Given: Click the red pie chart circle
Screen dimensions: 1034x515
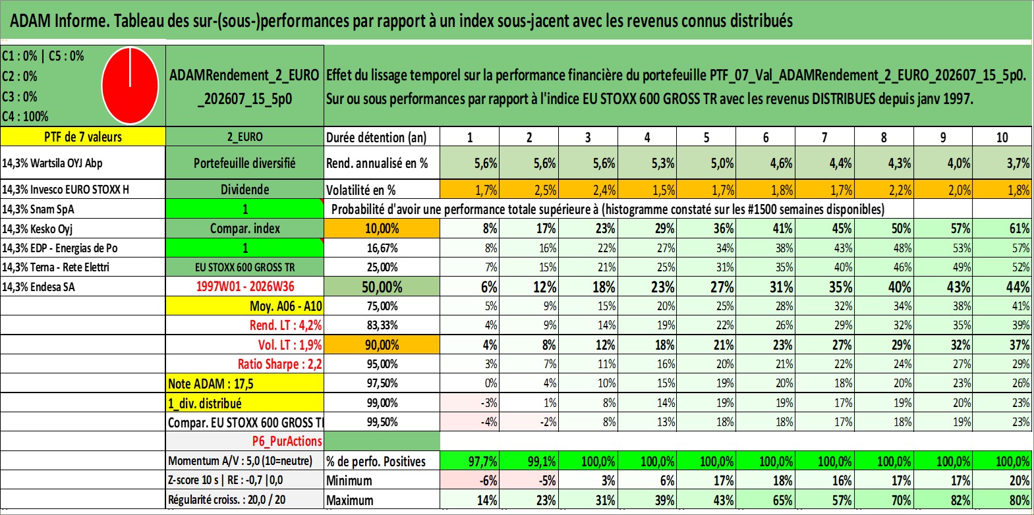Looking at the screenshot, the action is pos(130,86).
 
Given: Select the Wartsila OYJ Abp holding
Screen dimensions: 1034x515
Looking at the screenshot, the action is pos(52,163).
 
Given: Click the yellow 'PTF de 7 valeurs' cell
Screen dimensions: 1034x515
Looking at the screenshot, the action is pos(83,137).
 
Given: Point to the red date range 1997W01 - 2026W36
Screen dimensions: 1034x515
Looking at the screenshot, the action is pos(245,286).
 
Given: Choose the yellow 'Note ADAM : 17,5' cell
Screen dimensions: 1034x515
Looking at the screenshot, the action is pos(244,383).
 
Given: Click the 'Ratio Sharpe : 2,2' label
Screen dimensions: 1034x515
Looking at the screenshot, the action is pos(279,364).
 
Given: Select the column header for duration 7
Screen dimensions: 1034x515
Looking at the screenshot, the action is pos(824,137).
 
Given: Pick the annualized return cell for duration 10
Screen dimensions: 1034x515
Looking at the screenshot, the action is pos(1002,163).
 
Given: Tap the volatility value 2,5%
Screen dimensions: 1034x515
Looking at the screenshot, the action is pos(529,190).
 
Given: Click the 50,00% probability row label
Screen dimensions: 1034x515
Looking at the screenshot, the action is pos(382,286).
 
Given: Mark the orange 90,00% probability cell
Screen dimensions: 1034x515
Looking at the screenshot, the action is pos(382,344).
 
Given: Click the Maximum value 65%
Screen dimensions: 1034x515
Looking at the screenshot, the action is pos(766,501).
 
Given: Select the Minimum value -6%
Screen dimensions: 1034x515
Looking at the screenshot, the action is pos(470,481).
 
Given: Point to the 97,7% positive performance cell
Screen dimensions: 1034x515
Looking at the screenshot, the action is pos(470,461).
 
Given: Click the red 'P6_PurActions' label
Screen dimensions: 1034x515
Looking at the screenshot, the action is pos(287,441).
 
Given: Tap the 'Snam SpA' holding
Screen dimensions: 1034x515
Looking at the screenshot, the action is pos(38,209).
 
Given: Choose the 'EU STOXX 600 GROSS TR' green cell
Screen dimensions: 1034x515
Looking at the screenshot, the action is pos(244,267).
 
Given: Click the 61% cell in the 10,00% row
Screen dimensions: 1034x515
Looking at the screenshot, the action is pos(1002,229).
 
